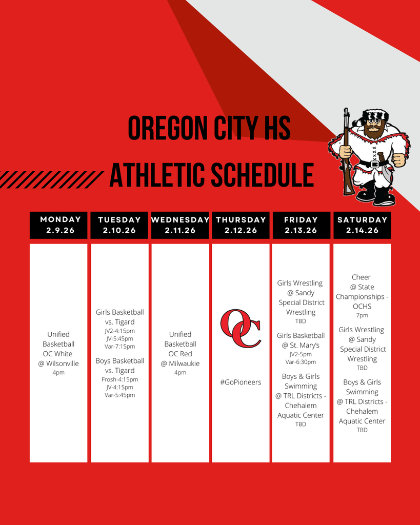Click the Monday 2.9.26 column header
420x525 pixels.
58,225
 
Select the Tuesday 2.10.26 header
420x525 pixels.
119,225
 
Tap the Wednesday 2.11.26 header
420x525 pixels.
180,225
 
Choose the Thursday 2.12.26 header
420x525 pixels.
241,225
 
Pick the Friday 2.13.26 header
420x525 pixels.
301,225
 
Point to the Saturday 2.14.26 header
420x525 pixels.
362,225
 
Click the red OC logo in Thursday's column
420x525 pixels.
241,329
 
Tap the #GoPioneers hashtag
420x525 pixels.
241,382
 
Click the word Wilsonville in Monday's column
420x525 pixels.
62,364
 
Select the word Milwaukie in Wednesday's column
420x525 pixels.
184,364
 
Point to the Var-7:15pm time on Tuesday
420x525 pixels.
119,347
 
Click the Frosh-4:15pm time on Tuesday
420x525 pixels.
119,380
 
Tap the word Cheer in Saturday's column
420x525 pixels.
361,277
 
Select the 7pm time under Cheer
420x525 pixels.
362,315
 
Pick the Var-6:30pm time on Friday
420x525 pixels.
301,362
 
